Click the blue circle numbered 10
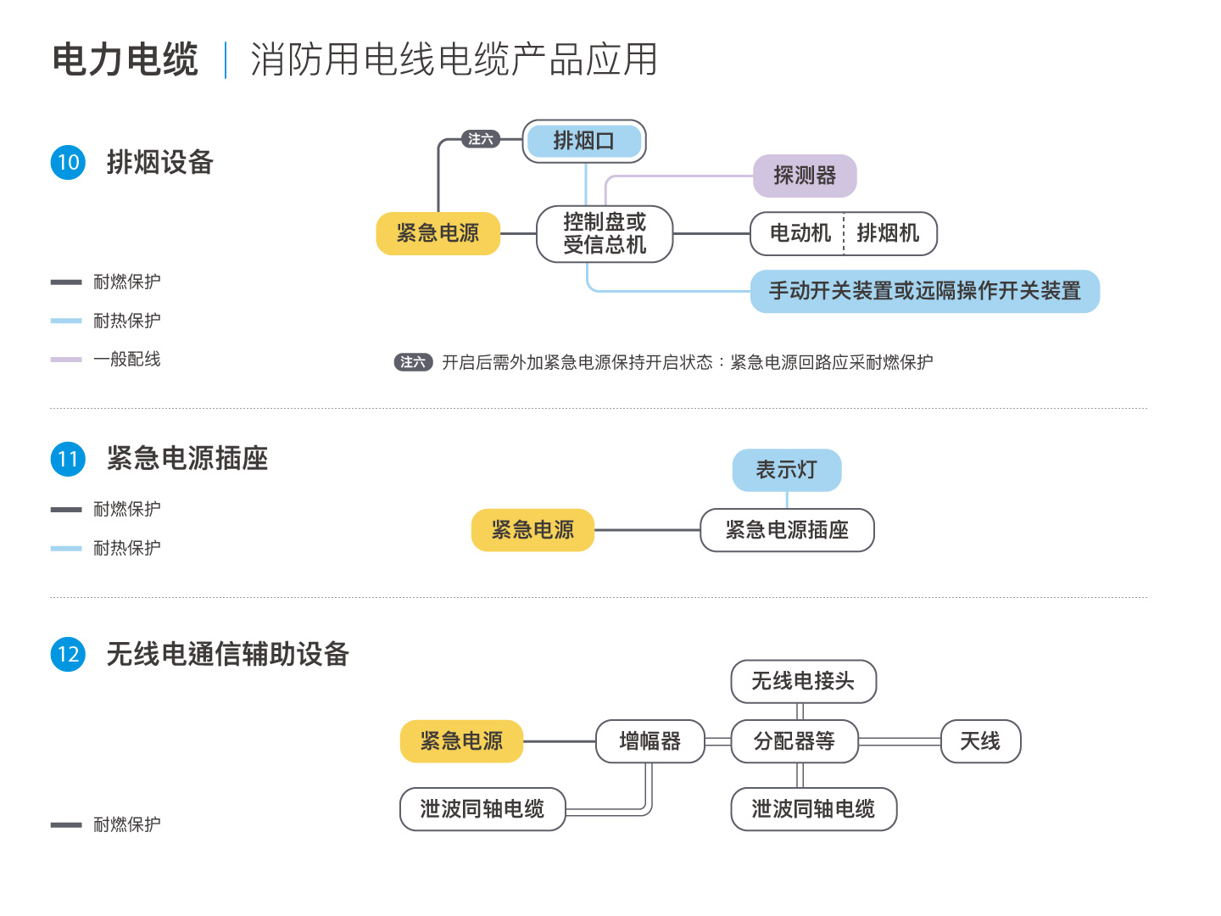tap(68, 162)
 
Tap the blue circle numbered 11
tap(68, 459)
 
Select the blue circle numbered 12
tap(68, 654)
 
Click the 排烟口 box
tap(583, 141)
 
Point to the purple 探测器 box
tap(805, 176)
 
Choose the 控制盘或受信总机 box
tap(604, 233)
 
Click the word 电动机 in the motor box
tap(800, 233)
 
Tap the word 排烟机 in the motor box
tap(888, 233)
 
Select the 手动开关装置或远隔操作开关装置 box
tap(924, 291)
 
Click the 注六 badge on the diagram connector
tap(481, 139)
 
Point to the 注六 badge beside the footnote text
tap(413, 362)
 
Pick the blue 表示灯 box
tap(787, 470)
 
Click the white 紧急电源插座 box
tap(787, 530)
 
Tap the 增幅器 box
tap(650, 741)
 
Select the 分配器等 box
tap(794, 741)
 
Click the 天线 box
tap(980, 741)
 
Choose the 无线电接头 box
tap(803, 681)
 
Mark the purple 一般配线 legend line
tap(66, 360)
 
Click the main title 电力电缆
tap(125, 59)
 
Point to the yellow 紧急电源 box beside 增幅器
tap(461, 741)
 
